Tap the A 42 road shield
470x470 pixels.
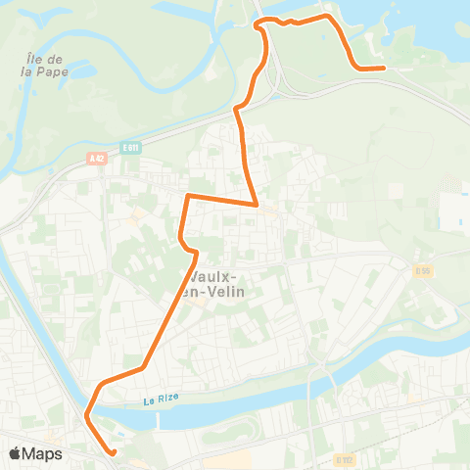pyautogui.click(x=95, y=158)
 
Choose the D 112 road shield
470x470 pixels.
pyautogui.click(x=343, y=457)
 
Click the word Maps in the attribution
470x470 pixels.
pyautogui.click(x=42, y=453)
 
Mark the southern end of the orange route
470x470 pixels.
pyautogui.click(x=114, y=452)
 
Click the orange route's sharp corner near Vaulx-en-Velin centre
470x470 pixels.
pyautogui.click(x=257, y=205)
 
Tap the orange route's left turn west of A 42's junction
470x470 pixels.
pyautogui.click(x=187, y=196)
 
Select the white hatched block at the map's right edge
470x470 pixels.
pyautogui.click(x=452, y=211)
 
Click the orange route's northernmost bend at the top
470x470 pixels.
pyautogui.click(x=259, y=21)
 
